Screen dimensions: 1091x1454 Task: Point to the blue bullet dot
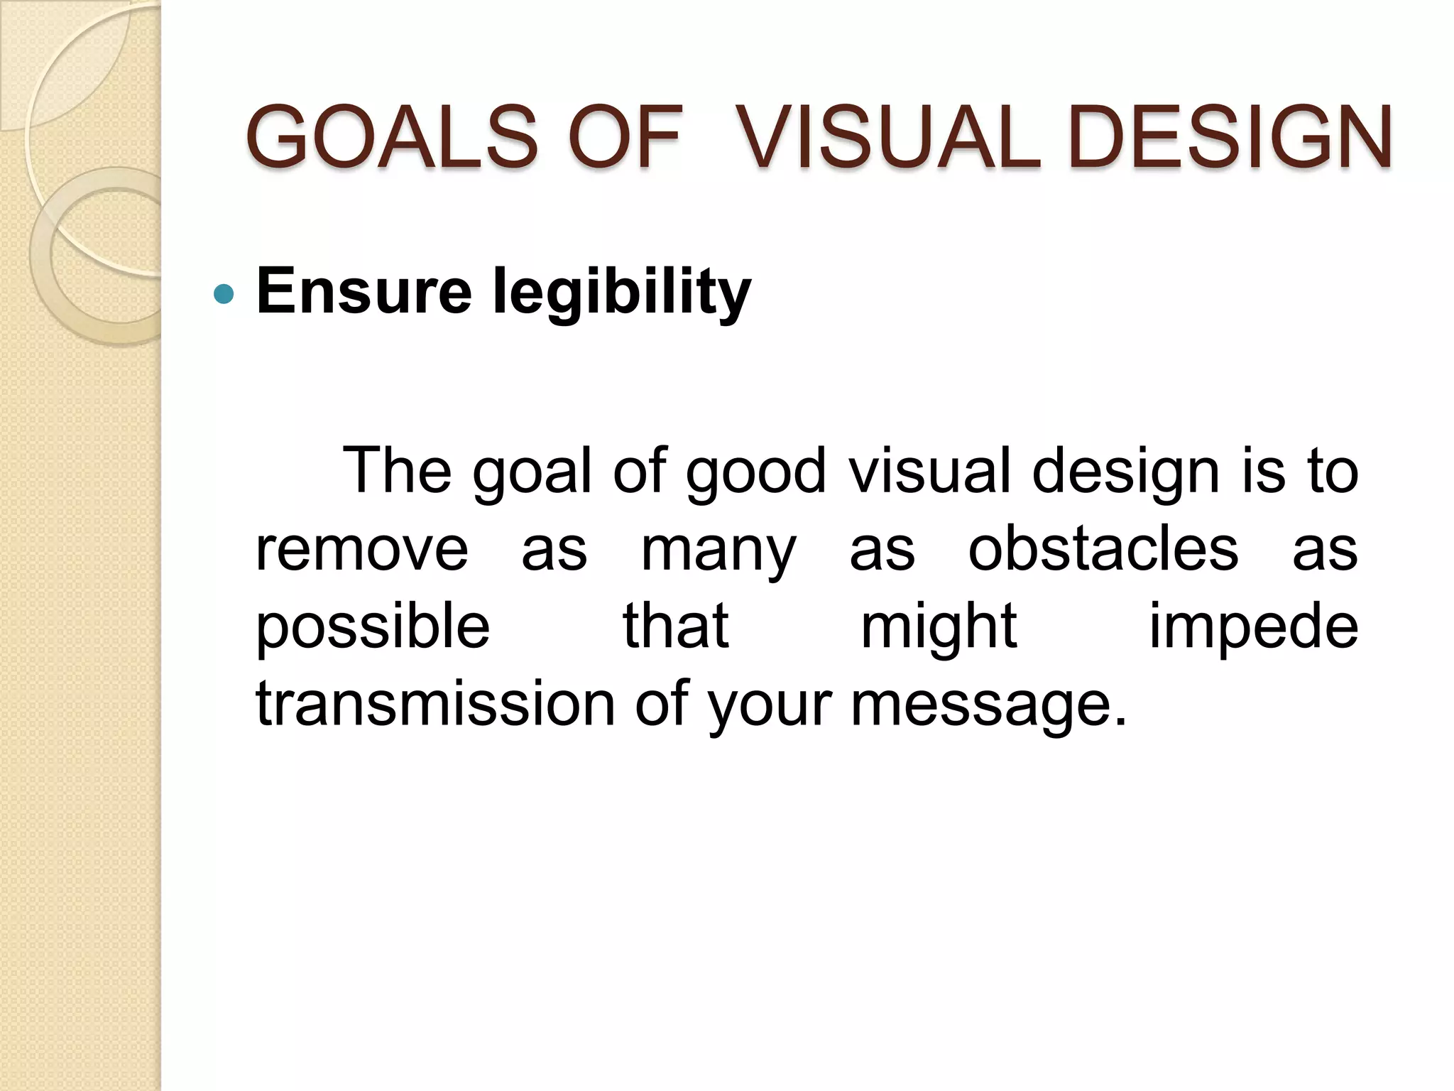click(x=224, y=294)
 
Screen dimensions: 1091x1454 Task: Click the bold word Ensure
click(x=363, y=291)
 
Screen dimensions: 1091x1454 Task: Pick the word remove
click(x=362, y=550)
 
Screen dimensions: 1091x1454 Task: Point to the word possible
click(x=373, y=628)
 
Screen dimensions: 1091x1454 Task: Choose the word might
click(x=939, y=628)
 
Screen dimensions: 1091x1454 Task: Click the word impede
click(x=1253, y=628)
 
